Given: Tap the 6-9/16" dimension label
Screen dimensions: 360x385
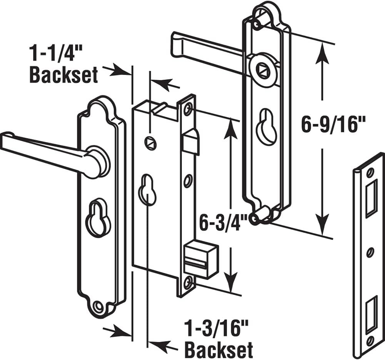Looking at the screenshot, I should (x=333, y=126).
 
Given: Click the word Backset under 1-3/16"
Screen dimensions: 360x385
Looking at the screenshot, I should (x=219, y=350).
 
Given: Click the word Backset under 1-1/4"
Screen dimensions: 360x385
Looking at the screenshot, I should (x=64, y=76).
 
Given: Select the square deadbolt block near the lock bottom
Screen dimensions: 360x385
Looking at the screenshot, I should (x=200, y=260).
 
